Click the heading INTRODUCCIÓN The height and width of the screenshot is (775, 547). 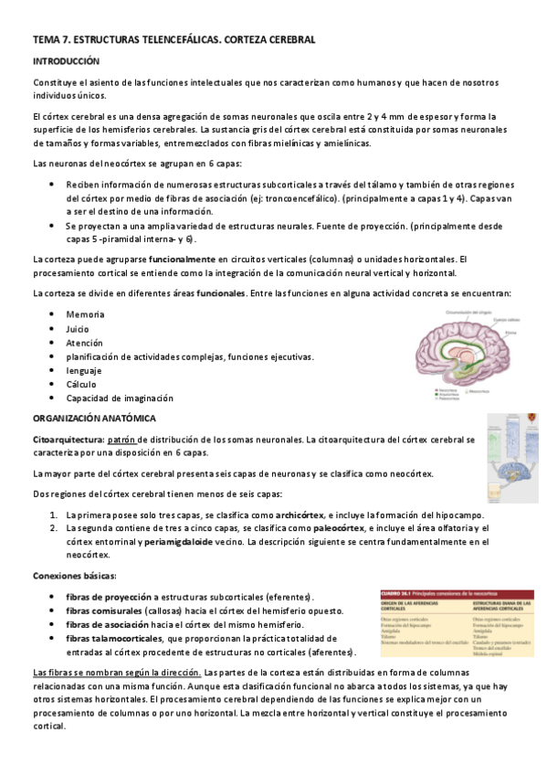[x=65, y=60]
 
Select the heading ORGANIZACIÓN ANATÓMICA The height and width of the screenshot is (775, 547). [x=94, y=418]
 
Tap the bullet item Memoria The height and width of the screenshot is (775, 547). [x=85, y=314]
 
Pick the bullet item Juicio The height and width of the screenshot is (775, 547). [x=79, y=328]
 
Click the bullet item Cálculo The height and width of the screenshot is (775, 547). [x=81, y=385]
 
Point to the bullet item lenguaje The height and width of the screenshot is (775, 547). [x=84, y=370]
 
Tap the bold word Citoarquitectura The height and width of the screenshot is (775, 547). [x=67, y=440]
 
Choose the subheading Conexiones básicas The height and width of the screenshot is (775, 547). [x=74, y=576]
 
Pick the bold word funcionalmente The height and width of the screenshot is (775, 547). [x=175, y=260]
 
